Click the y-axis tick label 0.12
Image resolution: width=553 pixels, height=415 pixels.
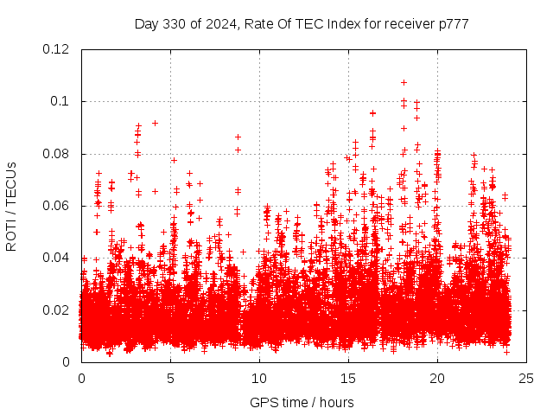point(57,49)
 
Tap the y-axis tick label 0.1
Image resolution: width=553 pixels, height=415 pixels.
point(60,101)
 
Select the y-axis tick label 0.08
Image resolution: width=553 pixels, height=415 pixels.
point(57,154)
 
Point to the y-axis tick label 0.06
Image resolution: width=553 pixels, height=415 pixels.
point(57,206)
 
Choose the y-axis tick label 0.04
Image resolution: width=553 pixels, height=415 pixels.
point(57,258)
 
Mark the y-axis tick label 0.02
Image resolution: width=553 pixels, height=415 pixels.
point(57,310)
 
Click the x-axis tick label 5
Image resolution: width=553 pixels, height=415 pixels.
point(170,379)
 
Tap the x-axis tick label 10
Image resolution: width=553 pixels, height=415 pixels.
point(259,379)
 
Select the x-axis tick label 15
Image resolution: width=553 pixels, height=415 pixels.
point(348,379)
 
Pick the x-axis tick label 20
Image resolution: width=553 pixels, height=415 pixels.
point(437,379)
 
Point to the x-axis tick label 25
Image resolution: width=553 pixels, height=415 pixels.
point(526,379)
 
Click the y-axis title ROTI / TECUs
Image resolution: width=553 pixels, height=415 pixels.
point(12,206)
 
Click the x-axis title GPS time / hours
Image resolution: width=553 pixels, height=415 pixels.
point(303,402)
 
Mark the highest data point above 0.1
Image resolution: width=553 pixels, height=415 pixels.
point(404,82)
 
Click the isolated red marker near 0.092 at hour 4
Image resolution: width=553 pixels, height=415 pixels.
point(155,123)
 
